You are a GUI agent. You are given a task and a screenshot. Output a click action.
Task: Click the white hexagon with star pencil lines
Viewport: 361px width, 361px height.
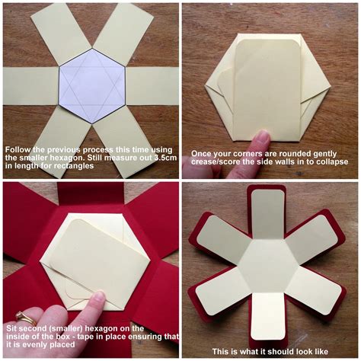[91, 85]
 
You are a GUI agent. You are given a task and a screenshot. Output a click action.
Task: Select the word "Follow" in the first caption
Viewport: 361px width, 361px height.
[18, 149]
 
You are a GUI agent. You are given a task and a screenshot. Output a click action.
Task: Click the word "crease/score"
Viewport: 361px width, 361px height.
[216, 162]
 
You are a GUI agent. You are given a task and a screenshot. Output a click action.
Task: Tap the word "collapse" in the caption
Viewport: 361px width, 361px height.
[330, 162]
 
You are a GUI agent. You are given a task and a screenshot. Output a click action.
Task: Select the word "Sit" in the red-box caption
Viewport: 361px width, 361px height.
[12, 327]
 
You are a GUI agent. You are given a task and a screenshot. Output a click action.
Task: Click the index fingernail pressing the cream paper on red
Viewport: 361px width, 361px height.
[94, 299]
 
